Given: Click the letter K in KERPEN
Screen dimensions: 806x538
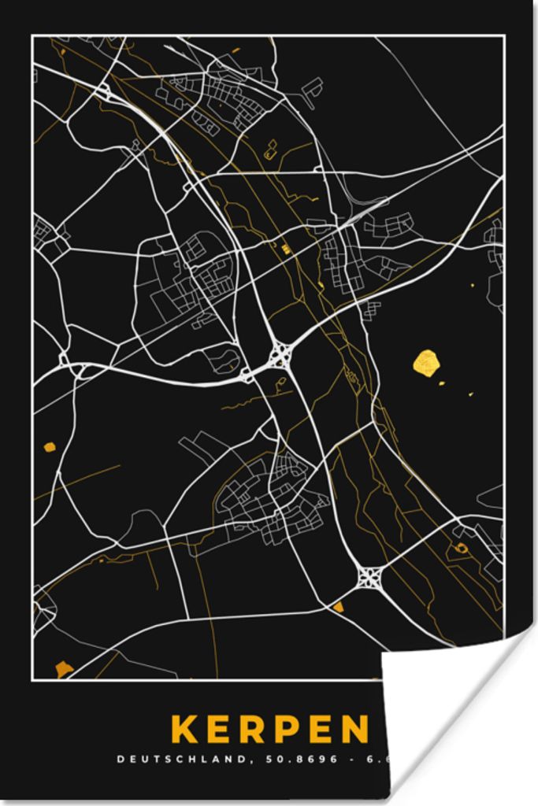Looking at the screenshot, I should [x=185, y=730].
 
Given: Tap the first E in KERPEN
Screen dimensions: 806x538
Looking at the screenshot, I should [x=220, y=730].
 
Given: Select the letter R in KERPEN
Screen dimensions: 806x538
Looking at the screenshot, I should [x=253, y=730].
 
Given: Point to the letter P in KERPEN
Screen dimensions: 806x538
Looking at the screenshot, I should [x=287, y=730].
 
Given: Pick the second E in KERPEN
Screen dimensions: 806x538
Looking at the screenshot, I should [x=319, y=730].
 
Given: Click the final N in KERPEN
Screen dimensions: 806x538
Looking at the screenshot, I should [x=354, y=730].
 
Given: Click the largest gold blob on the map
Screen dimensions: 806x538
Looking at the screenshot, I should [x=426, y=362].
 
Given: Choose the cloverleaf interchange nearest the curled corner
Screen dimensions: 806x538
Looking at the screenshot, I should [x=368, y=578].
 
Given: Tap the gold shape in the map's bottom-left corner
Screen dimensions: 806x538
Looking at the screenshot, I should [x=64, y=669].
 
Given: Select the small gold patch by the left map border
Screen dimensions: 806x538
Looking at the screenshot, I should [x=50, y=447].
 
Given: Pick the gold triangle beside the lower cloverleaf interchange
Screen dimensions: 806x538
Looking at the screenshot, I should [x=338, y=606].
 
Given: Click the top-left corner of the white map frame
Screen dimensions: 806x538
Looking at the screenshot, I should [x=32, y=36].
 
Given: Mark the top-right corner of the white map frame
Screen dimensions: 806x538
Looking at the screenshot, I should [x=503, y=36].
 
